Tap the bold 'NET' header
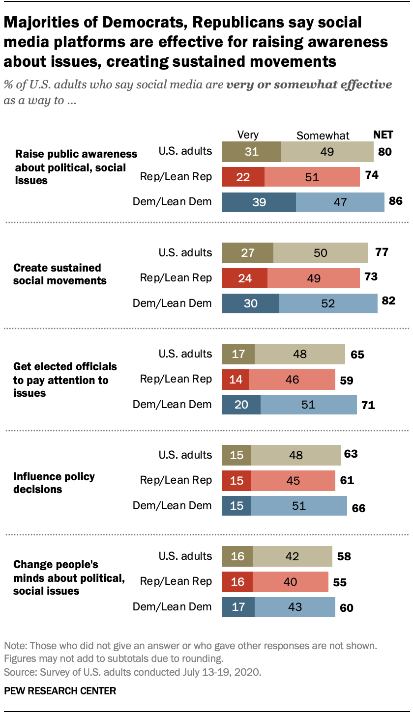383,135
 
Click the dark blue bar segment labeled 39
259,202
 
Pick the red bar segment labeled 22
243,177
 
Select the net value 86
395,201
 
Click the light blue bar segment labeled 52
328,303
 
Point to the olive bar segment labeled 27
248,253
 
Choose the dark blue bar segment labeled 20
241,405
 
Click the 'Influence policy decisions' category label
54,483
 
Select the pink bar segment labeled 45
293,480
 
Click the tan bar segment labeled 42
292,556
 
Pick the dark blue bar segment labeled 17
238,607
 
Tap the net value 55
339,583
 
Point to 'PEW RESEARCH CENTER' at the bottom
60,691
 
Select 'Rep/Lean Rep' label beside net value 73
176,278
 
